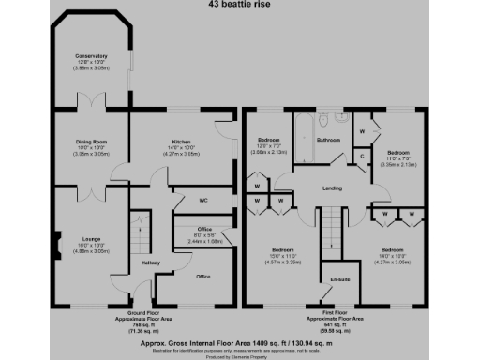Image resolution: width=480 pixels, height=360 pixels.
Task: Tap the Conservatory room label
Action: coord(92,57)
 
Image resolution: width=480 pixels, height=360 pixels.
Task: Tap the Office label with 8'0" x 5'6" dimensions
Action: coord(204,230)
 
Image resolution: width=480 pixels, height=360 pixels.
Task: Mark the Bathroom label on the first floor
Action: coord(328,141)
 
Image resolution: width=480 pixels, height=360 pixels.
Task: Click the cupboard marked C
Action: coord(363,157)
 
